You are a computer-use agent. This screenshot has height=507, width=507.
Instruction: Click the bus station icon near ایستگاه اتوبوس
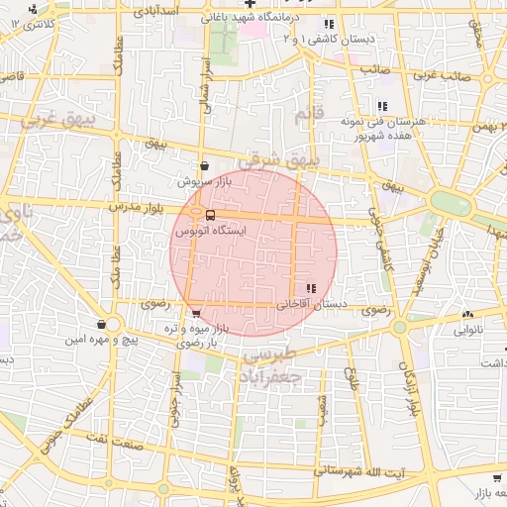210,215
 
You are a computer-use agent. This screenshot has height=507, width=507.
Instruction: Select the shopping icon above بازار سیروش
204,167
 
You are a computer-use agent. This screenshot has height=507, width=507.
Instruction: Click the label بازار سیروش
203,182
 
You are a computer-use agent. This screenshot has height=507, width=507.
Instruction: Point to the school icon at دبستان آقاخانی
313,288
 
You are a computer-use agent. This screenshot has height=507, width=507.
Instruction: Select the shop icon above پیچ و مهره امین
102,324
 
